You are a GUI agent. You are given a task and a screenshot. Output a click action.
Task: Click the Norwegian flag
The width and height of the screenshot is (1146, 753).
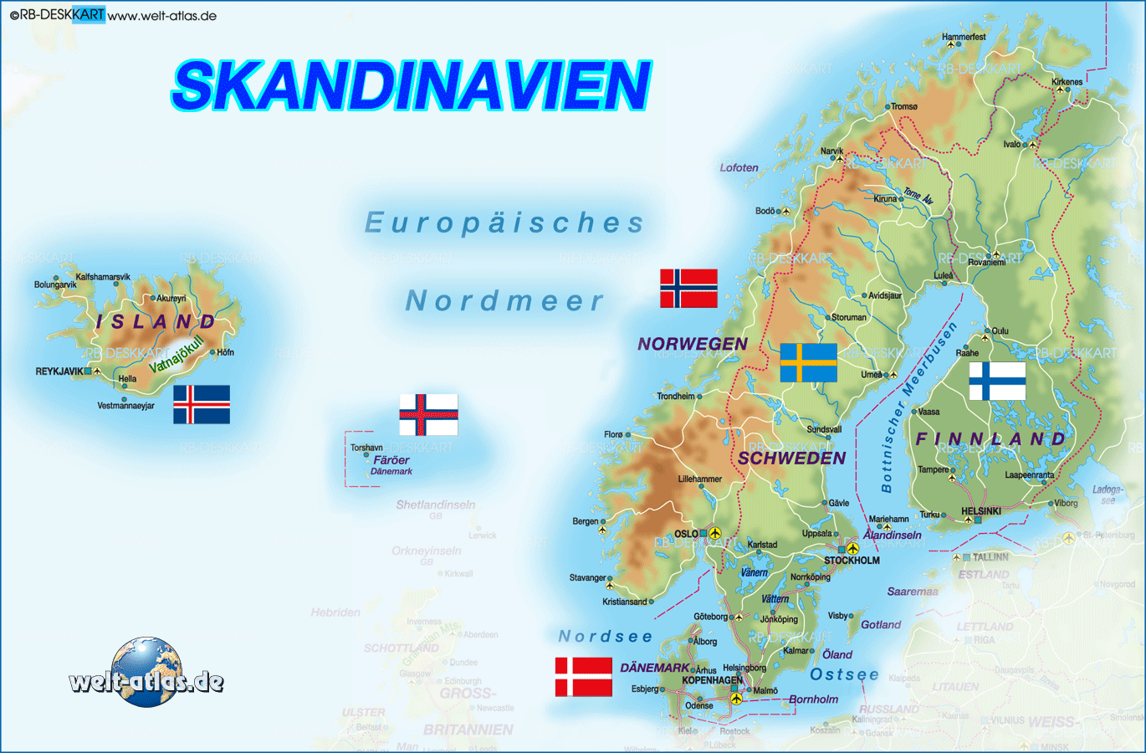pos(688,288)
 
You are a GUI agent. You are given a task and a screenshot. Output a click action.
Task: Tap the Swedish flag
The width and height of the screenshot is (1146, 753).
pos(808,362)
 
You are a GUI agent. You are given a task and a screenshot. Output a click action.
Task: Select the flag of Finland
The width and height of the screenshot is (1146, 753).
pos(997,381)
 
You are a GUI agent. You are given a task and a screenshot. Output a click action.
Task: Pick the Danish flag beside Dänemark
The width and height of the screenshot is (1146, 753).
pos(583,677)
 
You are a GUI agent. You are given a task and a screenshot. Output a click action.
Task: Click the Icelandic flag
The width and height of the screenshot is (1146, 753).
pos(202,404)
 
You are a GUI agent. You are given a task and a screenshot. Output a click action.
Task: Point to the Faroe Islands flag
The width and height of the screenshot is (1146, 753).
pos(428,414)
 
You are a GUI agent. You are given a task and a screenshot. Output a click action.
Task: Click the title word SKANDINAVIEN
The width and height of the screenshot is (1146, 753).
pos(412,85)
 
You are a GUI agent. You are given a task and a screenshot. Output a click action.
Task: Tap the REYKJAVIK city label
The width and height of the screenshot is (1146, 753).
pos(59,371)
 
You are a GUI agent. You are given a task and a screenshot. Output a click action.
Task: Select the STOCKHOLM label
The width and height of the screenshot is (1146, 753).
pos(852,561)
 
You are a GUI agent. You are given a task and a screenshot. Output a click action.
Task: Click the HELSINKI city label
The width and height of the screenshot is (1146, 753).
pos(981,511)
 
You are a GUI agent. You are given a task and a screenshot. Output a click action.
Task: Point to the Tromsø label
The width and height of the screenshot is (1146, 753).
pos(904,106)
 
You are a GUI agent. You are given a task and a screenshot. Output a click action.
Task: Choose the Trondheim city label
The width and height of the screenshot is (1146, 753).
pos(676,396)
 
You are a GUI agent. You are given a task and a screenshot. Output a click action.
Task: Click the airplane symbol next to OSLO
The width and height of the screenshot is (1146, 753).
pos(714,532)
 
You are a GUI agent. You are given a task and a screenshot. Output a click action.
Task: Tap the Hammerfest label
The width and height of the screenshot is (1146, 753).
pos(964,37)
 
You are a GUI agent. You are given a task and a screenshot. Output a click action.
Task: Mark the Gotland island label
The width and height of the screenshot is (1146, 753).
pos(881,625)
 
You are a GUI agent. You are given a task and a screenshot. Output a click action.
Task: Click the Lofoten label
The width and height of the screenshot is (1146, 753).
pos(739,167)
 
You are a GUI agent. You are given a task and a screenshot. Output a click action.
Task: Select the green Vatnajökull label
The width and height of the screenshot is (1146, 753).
pos(177,355)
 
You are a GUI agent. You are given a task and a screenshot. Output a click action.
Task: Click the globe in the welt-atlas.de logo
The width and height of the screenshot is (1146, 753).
pos(146,671)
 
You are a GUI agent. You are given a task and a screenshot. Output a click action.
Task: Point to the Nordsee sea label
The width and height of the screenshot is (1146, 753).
pos(605,637)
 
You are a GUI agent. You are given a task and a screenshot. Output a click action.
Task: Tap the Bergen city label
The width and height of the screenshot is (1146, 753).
pos(586,521)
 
